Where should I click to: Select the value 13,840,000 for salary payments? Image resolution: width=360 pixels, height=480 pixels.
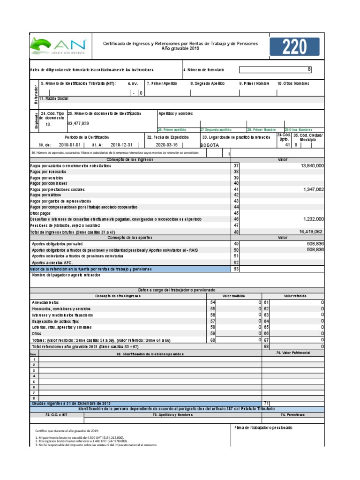pyautogui.click(x=307, y=166)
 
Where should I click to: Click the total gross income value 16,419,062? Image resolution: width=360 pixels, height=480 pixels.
pyautogui.click(x=307, y=232)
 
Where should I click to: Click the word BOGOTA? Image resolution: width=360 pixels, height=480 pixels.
pyautogui.click(x=210, y=145)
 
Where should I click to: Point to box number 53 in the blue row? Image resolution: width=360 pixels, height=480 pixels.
pyautogui.click(x=236, y=269)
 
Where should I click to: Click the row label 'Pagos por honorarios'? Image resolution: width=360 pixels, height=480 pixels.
pyautogui.click(x=48, y=172)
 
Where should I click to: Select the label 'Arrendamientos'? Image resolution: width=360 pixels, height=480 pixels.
pyautogui.click(x=45, y=303)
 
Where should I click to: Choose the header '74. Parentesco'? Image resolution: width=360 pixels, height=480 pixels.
pyautogui.click(x=292, y=415)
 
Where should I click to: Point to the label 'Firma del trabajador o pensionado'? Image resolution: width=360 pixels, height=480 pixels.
pyautogui.click(x=262, y=428)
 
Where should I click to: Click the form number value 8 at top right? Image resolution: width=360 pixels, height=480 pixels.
pyautogui.click(x=309, y=69)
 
